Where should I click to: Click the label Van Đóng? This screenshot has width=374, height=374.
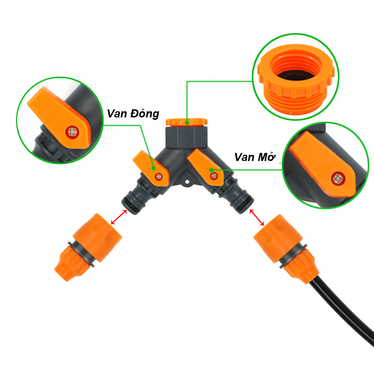[x=133, y=114]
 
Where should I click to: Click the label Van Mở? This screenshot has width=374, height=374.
[x=255, y=157]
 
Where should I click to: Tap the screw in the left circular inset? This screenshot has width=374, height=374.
[x=72, y=132]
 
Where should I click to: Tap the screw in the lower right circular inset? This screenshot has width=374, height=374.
[x=338, y=178]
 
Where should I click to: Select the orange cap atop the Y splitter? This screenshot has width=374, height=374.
[x=187, y=122]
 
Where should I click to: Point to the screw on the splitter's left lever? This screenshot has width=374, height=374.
[x=159, y=177]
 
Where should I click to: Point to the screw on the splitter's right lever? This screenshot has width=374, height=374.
[x=214, y=176]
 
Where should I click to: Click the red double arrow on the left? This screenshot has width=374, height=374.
[x=119, y=217]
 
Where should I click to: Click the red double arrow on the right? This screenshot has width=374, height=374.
[x=257, y=217]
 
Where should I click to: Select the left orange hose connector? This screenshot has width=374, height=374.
[x=88, y=247]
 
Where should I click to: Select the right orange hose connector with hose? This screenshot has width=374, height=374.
[x=286, y=249]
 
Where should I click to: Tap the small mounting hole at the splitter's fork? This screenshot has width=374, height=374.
[x=187, y=182]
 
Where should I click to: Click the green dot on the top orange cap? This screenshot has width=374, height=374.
[x=187, y=123]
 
